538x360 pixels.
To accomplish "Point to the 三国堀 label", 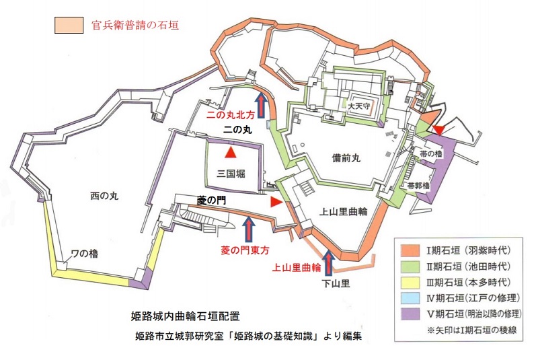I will (231, 174).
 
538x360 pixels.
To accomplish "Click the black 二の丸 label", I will (237, 131).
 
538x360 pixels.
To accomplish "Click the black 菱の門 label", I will (210, 200).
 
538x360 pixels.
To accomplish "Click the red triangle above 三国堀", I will (231, 153).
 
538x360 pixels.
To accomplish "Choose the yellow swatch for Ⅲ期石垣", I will (408, 281).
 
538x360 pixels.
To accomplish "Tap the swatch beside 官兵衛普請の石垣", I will (69, 26).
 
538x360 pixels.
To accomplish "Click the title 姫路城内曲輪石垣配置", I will (185, 314).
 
